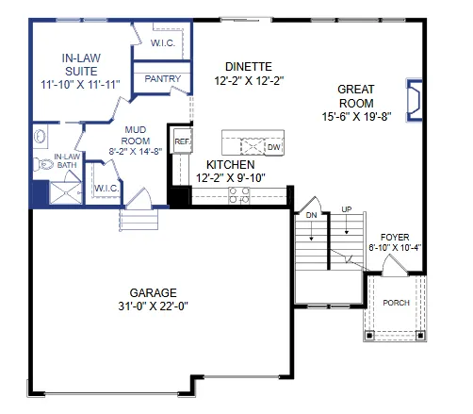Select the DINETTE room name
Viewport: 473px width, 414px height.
[x=249, y=66]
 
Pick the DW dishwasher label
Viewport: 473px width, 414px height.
[x=273, y=147]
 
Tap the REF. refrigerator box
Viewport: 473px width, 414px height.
[x=182, y=143]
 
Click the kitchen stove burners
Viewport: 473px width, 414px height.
[x=239, y=195]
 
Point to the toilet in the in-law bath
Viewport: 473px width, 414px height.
[x=42, y=163]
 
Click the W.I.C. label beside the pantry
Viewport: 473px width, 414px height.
[x=162, y=42]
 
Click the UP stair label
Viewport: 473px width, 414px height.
[x=346, y=209]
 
